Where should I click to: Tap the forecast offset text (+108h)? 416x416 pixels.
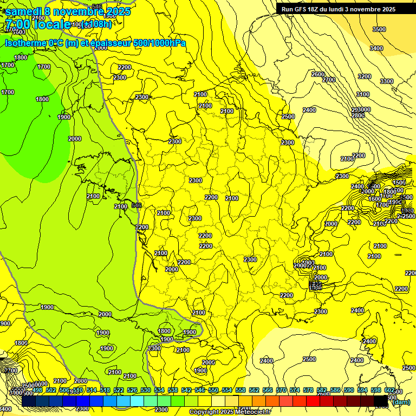97,24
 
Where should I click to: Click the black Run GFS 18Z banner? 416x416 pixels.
339,9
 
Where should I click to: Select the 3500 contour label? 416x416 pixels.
379,29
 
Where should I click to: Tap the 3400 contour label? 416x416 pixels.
376,48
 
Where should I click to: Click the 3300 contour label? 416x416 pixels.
387,81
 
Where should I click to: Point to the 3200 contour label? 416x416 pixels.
365,76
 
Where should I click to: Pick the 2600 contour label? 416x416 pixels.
318,74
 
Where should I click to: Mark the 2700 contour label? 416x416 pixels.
329,80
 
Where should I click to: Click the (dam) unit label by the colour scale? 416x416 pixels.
401,402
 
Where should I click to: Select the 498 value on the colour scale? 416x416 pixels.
37,390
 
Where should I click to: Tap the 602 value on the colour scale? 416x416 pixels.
389,390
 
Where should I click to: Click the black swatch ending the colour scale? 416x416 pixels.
381,400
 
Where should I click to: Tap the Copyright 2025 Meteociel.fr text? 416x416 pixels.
230,412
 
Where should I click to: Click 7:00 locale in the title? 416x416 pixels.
38,24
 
